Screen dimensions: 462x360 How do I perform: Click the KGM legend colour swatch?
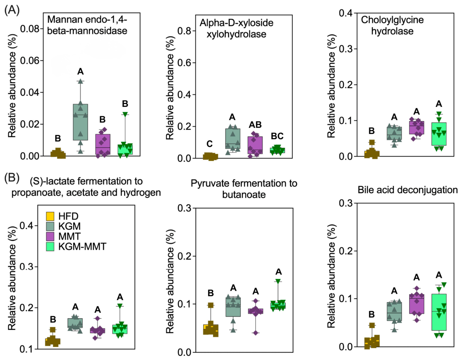coord(50,226)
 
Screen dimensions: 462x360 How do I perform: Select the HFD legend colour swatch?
coord(50,216)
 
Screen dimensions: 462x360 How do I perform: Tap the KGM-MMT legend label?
coord(82,246)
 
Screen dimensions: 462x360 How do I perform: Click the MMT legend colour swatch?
coord(50,237)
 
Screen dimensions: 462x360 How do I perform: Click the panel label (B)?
coord(12,178)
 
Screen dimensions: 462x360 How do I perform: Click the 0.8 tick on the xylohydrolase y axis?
coord(184,31)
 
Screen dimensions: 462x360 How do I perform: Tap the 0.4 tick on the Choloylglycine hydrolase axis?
coord(346,13)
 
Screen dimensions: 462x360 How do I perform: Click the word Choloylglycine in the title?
coord(392,20)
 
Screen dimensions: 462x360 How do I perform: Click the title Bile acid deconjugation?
coord(408,190)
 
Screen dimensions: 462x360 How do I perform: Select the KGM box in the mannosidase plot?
coord(80,122)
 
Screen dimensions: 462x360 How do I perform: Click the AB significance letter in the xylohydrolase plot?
coord(255,125)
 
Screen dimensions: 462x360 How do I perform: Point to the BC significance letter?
coord(277,136)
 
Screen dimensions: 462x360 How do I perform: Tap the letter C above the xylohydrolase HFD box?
coord(209,144)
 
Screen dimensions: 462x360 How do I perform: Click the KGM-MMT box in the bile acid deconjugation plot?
coord(439,312)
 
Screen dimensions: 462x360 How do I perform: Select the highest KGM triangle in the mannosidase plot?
coord(80,81)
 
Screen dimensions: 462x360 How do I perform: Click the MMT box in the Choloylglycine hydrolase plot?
coord(416,127)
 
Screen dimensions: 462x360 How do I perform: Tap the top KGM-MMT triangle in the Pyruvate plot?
coord(278,281)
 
